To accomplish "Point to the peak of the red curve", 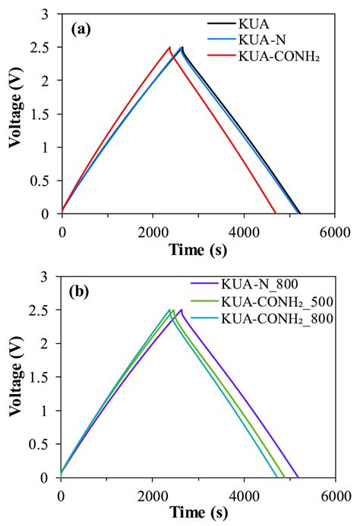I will (x=170, y=47).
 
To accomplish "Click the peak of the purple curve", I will (x=181, y=310).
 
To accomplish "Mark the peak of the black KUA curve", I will (x=182, y=47).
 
